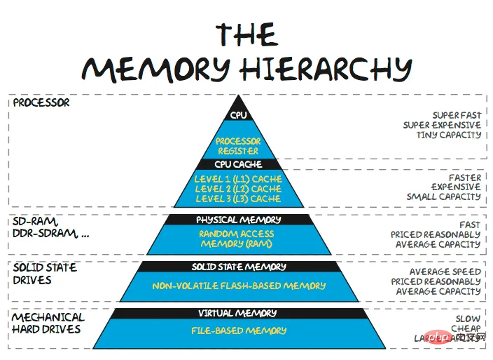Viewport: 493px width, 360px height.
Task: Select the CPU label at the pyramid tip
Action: point(239,115)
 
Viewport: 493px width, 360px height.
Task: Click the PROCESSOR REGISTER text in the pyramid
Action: point(237,146)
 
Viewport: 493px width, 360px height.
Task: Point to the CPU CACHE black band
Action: point(238,165)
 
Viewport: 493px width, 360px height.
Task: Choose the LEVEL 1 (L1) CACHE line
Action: point(238,179)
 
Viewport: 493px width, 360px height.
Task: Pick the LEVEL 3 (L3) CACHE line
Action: point(238,199)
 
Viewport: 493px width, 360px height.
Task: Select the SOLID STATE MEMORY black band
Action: point(239,267)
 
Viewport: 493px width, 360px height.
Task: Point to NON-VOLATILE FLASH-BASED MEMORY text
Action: point(239,286)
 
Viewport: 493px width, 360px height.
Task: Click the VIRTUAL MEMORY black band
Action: point(238,313)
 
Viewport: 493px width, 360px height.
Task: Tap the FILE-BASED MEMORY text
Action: point(239,330)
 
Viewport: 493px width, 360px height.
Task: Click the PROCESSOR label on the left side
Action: point(41,102)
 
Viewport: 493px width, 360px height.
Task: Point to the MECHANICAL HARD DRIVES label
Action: point(47,324)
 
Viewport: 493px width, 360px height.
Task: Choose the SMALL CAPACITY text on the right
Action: point(444,197)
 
